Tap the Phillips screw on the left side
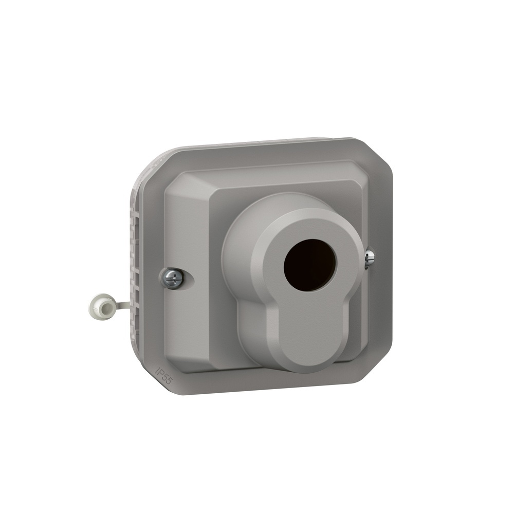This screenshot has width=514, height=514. click(x=174, y=278)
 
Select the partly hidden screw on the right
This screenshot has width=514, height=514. click(x=369, y=259)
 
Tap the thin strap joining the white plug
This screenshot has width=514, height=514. click(x=121, y=305)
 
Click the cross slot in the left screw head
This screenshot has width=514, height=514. click(x=174, y=278)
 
